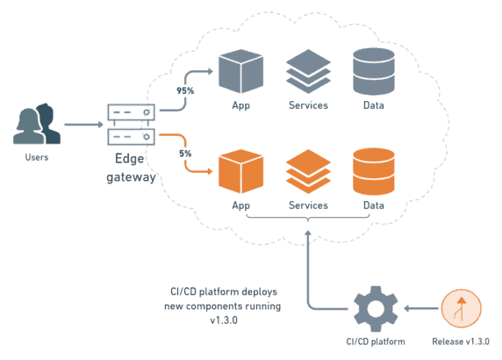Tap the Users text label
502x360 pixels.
[x=37, y=157]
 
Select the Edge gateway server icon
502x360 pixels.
[x=131, y=125]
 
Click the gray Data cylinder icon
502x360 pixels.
[x=372, y=69]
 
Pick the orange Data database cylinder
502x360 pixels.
[x=372, y=170]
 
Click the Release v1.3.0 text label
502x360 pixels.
[x=461, y=341]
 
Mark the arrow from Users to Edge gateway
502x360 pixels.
[x=83, y=125]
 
